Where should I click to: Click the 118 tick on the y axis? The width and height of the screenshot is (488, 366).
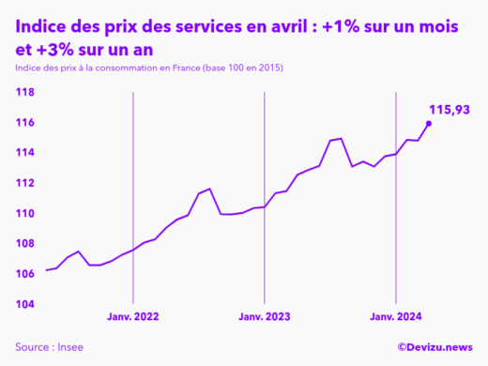point(26,92)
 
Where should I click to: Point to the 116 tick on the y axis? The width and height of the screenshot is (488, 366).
point(26,123)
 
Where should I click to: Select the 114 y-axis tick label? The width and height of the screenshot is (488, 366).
point(26,153)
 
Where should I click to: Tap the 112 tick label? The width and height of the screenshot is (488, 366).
point(26,183)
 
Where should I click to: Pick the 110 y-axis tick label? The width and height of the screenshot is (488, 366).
point(26,213)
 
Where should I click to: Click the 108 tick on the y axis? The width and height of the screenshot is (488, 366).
point(26,243)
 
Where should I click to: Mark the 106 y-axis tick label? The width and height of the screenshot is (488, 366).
point(26,274)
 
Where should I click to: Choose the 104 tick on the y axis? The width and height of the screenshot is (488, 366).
point(26,304)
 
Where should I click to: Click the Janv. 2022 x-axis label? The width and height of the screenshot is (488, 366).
point(133,318)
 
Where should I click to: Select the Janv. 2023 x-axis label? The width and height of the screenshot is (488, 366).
point(265,318)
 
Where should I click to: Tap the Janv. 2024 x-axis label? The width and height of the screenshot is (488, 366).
point(396,318)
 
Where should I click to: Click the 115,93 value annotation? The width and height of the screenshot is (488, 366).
point(449,110)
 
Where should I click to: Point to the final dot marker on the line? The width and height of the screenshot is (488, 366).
point(429,123)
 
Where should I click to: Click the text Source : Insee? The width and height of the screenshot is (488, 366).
point(49,347)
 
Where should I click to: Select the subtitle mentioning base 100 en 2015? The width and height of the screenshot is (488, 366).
point(149,69)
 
